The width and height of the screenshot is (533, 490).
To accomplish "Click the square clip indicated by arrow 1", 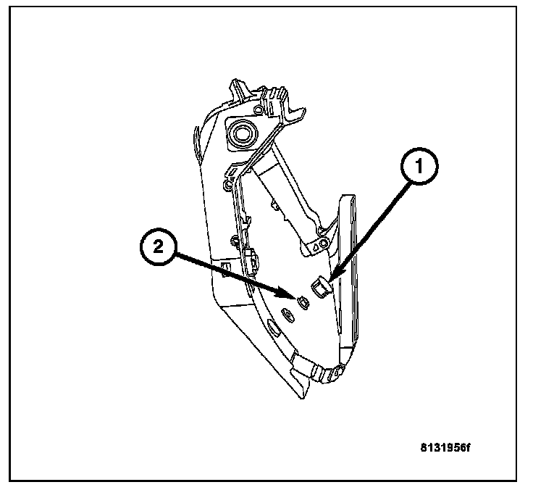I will pyautogui.click(x=319, y=288).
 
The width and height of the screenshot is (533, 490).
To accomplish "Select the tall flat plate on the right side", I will pyautogui.click(x=348, y=275).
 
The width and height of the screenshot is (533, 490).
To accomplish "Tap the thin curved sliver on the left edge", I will pyautogui.click(x=196, y=141).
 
